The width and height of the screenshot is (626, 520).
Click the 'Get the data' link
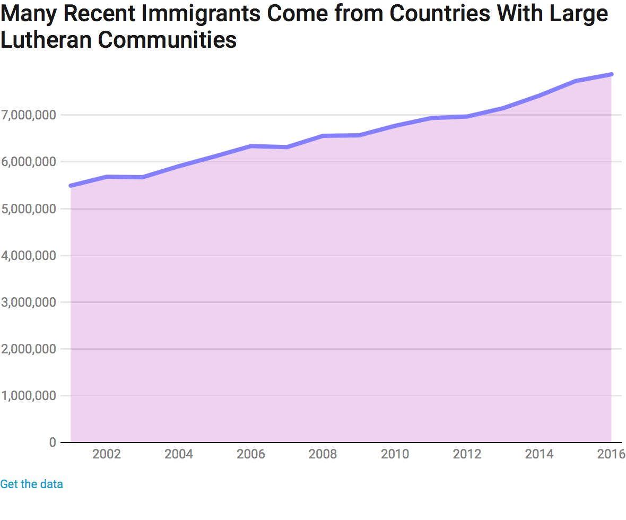click(x=31, y=484)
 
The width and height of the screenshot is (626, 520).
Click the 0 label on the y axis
click(x=53, y=442)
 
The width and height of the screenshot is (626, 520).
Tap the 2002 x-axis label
click(x=107, y=454)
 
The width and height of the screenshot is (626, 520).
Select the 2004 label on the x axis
click(x=179, y=454)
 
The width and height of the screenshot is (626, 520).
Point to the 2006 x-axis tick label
click(x=251, y=454)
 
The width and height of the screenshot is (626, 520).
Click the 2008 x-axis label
click(x=323, y=454)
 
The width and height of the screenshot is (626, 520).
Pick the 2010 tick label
click(x=395, y=454)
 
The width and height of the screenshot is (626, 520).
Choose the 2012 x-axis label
click(x=467, y=454)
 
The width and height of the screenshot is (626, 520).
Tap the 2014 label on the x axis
click(x=539, y=454)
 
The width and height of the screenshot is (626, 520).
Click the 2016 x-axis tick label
click(x=611, y=454)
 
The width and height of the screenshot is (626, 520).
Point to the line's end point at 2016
click(x=611, y=74)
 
